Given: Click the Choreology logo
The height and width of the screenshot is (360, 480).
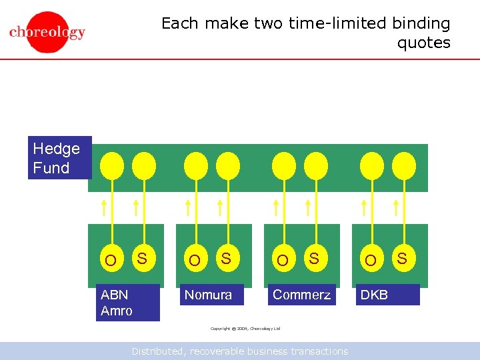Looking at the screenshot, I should [x=47, y=32].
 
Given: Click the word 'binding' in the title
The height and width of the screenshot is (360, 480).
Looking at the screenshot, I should [x=421, y=23].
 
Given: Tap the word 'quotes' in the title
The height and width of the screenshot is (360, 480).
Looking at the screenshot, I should [x=424, y=43].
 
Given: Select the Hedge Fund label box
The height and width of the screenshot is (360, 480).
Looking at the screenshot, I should [x=59, y=158].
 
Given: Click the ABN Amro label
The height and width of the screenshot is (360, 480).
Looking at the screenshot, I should [x=127, y=303].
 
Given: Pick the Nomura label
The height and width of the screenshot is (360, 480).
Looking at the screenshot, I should [x=209, y=295].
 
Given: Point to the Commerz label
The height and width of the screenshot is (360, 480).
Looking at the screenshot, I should [x=301, y=295].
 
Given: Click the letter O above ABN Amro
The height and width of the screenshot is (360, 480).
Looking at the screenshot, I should [x=111, y=260].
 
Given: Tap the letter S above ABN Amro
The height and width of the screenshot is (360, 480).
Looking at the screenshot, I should [x=141, y=257].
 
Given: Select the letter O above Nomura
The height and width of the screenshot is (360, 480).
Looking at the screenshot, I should [x=194, y=260].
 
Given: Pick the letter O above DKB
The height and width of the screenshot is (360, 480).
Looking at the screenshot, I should [x=371, y=260].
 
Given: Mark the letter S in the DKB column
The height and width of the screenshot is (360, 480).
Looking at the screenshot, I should [x=401, y=257].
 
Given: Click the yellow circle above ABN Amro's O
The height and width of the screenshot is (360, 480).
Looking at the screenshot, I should [x=111, y=165].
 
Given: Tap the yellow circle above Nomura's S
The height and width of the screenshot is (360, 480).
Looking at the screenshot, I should [x=228, y=165].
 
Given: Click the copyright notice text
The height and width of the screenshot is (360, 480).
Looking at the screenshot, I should [x=245, y=329].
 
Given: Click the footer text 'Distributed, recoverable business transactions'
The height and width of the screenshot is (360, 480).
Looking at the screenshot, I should [x=239, y=351].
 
